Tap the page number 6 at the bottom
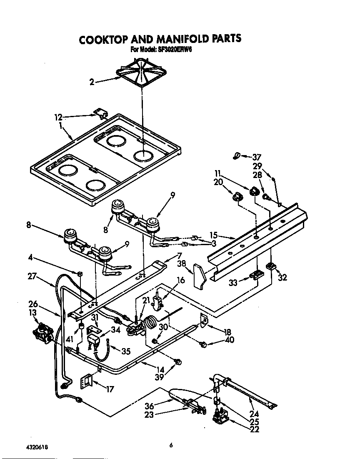(171, 445)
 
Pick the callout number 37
(256, 157)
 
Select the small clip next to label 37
(236, 156)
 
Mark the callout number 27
(33, 276)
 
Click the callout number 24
(254, 414)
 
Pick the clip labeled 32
(272, 266)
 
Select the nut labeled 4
(80, 273)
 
